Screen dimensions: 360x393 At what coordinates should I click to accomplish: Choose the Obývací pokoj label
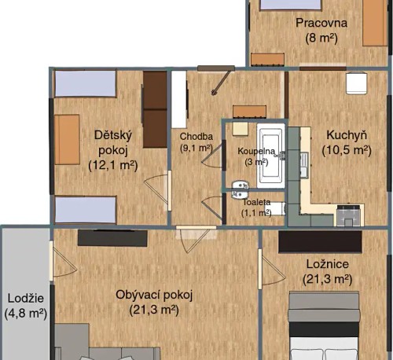[x=154, y=295]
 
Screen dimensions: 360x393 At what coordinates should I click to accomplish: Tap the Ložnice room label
[x=326, y=263]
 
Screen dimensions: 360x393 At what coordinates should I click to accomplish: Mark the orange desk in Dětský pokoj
[x=67, y=141]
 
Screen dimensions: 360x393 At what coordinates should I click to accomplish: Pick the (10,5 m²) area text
[x=347, y=149]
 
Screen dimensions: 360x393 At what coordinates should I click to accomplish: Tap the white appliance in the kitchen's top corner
[x=358, y=84]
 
